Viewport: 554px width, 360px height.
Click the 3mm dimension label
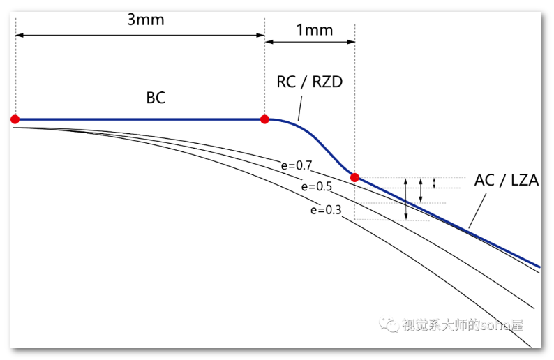tap(146, 20)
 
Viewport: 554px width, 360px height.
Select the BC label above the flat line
tap(156, 98)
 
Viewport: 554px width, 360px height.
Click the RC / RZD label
tap(310, 82)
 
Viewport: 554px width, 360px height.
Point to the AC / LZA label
tap(507, 179)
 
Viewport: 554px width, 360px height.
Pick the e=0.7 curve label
tap(296, 166)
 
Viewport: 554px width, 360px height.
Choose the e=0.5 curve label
tap(316, 186)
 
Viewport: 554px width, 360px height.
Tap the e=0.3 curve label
tap(326, 209)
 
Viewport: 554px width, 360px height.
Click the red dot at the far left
tap(15, 119)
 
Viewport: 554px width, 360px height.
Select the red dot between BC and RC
tap(264, 119)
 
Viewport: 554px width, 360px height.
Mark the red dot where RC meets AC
tap(354, 177)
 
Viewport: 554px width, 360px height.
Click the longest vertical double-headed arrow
tap(407, 199)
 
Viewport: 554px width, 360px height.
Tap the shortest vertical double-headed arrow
tap(435, 183)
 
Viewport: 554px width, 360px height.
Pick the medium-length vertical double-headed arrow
tap(421, 190)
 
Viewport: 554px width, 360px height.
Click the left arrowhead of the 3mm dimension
tap(18, 34)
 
